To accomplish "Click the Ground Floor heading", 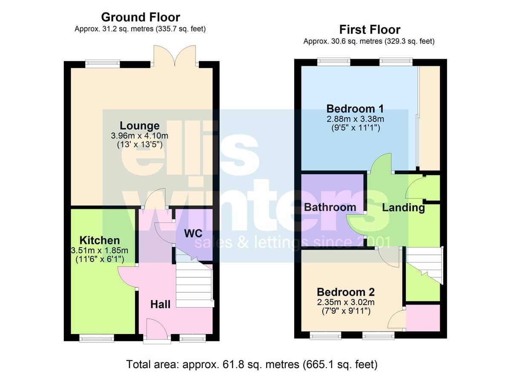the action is (141, 17).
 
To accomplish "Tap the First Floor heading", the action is (370, 30).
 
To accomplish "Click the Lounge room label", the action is (140, 126).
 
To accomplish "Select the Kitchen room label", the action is (100, 240).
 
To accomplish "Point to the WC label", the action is (193, 234).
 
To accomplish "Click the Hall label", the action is (161, 304).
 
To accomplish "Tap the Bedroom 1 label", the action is (355, 109).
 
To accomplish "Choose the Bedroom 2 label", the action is (346, 292).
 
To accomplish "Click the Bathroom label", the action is (330, 207).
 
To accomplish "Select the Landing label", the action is (404, 208).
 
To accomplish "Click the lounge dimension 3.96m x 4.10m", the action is (140, 136).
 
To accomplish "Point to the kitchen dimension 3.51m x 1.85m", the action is (100, 251).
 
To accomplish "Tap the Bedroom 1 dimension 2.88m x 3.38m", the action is (355, 119).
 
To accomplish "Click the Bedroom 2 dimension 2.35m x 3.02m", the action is (346, 303).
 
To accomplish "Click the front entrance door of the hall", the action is (157, 331).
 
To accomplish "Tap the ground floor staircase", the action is (194, 281).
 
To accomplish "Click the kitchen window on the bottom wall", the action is (97, 338).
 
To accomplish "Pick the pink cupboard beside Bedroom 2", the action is (423, 318).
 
